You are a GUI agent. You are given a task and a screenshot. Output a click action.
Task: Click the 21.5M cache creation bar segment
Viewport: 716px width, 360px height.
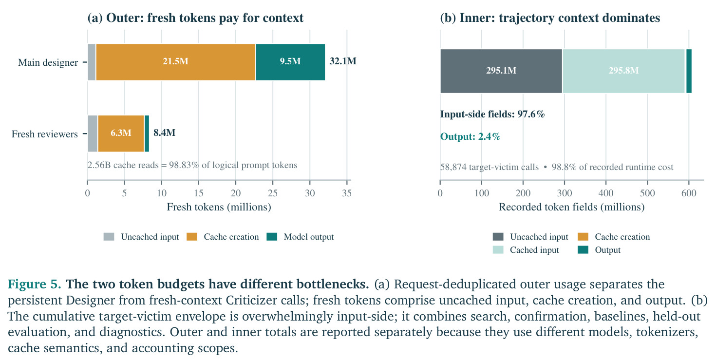[175, 62]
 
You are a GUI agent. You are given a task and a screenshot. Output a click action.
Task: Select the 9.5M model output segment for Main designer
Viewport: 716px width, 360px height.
[290, 62]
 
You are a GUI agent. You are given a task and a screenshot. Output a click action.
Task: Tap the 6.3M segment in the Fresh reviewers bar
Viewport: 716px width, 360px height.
[121, 133]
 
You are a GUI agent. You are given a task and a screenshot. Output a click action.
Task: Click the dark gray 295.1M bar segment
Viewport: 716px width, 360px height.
[501, 71]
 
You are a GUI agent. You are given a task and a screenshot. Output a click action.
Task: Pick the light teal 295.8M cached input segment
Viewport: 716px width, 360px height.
[623, 71]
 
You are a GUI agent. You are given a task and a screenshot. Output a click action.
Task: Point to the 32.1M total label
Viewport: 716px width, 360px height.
[343, 61]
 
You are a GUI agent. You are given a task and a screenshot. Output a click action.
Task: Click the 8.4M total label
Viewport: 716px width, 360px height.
[164, 133]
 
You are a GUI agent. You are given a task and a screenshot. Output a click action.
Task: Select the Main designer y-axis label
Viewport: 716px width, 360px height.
[48, 62]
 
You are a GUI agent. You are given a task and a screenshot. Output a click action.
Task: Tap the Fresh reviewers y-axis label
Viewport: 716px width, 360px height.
[45, 134]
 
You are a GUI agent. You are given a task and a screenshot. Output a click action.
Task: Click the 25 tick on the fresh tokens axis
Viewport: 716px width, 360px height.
[273, 193]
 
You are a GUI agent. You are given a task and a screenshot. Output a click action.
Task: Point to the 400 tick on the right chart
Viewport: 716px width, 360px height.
[606, 193]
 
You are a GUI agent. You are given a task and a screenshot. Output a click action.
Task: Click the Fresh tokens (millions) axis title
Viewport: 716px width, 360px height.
[219, 207]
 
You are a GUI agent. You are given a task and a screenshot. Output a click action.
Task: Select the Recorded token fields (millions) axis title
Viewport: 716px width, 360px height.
[571, 207]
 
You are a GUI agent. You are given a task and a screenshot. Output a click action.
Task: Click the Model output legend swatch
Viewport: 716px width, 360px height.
[272, 237]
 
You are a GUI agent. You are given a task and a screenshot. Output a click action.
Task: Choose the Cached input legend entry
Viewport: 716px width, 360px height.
[526, 250]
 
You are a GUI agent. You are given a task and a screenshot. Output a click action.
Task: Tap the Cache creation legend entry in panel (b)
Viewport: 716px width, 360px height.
[614, 237]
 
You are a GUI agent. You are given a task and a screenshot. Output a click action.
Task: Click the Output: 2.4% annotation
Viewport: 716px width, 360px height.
[470, 137]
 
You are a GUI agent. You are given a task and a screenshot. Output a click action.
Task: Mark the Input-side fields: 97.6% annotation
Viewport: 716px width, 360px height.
[492, 114]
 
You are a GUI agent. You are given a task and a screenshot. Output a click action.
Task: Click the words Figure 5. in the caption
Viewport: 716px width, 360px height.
[35, 284]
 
